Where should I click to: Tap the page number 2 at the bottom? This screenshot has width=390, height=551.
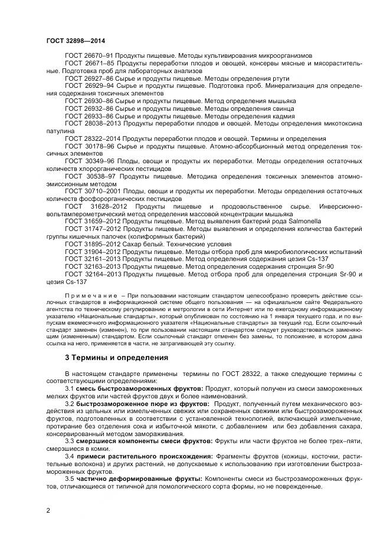pyautogui.click(x=48, y=510)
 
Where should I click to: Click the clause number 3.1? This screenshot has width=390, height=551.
pyautogui.click(x=70, y=389)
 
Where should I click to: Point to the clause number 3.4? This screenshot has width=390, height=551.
pyautogui.click(x=70, y=457)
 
